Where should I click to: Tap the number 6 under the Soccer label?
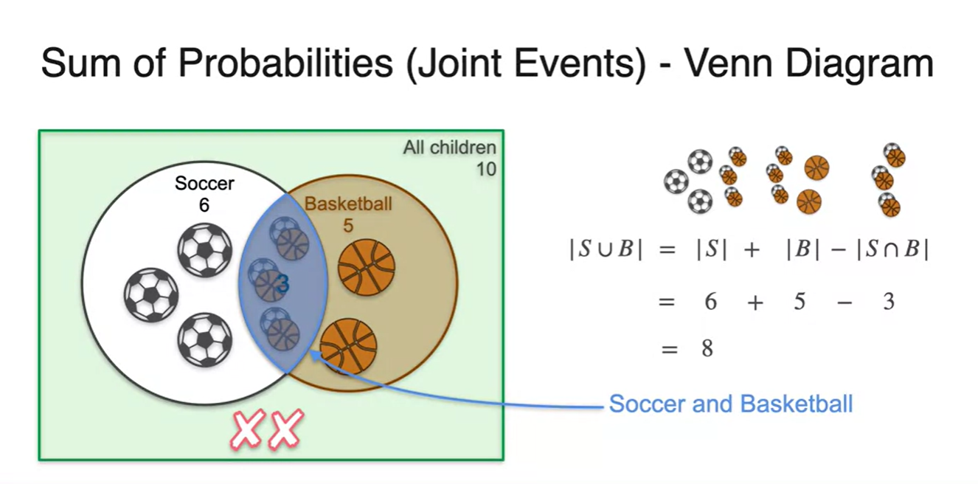(204, 205)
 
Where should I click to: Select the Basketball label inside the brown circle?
(348, 204)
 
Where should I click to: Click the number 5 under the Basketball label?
(348, 225)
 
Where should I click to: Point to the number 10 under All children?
(485, 169)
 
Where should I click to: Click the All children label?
(449, 148)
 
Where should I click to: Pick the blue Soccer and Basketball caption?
(730, 404)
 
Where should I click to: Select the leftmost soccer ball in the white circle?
(151, 294)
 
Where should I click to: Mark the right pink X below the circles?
(285, 431)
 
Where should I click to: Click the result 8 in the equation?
(707, 348)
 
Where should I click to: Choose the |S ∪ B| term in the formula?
(606, 249)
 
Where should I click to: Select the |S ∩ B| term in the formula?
(892, 249)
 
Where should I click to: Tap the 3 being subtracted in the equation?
(889, 301)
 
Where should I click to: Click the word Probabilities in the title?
(285, 63)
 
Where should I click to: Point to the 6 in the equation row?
(710, 301)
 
